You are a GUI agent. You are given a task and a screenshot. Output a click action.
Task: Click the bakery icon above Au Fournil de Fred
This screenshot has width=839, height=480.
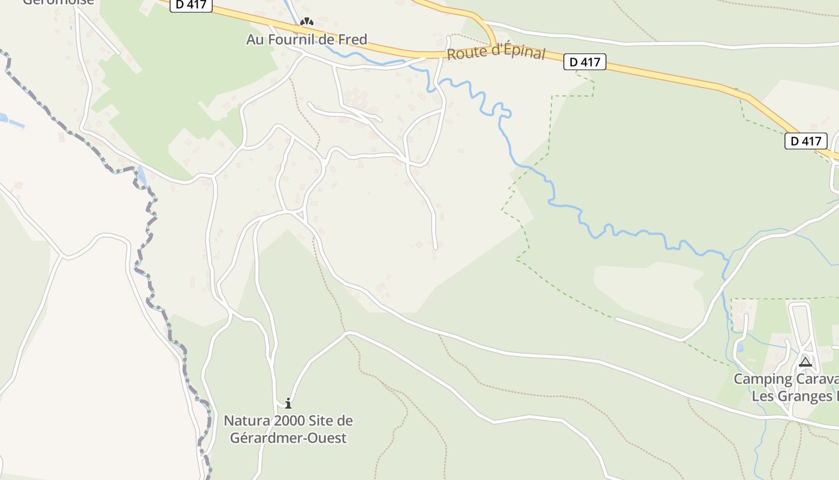pos(307,22)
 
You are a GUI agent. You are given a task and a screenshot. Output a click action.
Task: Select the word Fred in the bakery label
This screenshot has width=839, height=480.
pos(353,40)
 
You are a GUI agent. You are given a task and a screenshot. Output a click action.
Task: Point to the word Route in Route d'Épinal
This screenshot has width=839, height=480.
pos(465,53)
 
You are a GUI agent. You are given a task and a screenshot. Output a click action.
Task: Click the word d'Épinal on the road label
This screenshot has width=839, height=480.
pos(515,53)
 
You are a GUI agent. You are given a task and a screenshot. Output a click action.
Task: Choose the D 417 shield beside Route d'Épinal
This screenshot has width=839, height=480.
pos(585,61)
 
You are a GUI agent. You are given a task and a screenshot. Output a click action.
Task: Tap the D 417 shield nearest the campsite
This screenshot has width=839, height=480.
pos(805,141)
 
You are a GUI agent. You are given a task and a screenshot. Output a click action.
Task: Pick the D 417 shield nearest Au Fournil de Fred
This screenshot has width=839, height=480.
pos(192,4)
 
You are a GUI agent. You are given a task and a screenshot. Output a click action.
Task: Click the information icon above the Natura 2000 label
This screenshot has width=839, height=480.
pos(288,403)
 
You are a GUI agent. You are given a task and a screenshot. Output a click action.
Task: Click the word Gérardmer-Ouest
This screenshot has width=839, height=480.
pos(288,438)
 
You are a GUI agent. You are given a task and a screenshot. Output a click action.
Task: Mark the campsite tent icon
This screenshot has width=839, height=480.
pos(805,362)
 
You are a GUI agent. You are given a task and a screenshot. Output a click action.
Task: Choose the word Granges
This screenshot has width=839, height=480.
pos(803,397)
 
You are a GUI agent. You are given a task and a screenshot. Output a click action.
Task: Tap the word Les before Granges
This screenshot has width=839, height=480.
pos(763,397)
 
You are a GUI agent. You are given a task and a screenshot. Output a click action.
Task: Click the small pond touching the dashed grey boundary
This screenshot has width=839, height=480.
pos(141,176)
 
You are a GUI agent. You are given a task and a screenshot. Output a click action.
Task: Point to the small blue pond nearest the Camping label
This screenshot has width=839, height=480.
pos(740,347)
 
